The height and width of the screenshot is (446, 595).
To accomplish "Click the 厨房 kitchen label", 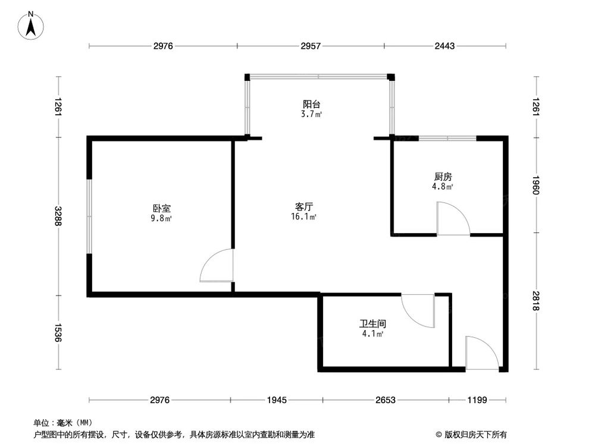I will point(443,177).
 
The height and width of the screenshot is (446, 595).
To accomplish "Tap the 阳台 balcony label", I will point(312,103).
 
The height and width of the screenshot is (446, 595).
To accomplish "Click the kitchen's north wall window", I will point(447,138).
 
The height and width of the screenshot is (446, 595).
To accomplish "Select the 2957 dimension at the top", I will point(310,46).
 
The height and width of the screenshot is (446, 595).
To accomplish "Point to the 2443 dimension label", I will point(444,46).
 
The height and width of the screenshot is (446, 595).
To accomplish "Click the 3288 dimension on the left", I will point(58,216).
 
